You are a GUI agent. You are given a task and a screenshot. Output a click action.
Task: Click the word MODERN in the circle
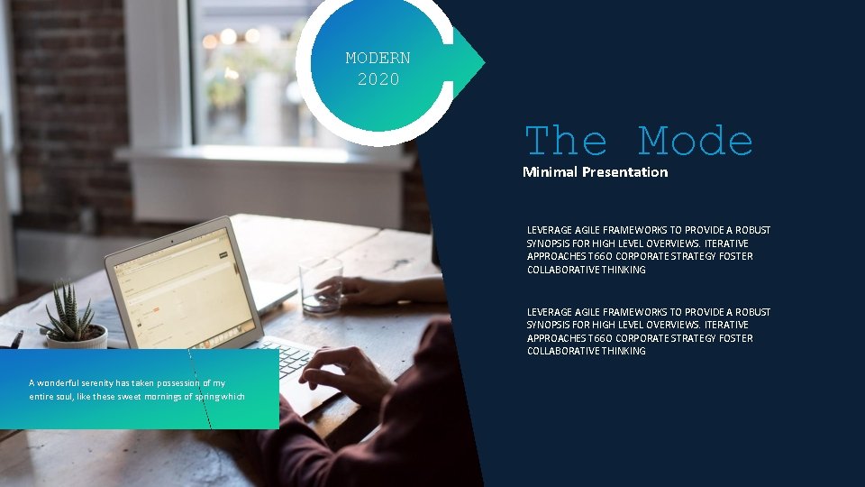tap(378, 59)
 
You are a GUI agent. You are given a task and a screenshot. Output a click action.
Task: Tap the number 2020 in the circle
tap(378, 79)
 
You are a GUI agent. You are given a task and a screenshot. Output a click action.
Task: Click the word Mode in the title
tap(695, 142)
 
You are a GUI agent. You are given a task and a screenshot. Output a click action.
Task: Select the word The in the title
tap(566, 142)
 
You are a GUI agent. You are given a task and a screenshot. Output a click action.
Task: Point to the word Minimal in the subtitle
tap(551, 171)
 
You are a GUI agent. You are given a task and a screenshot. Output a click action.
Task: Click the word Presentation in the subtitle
tap(625, 171)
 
